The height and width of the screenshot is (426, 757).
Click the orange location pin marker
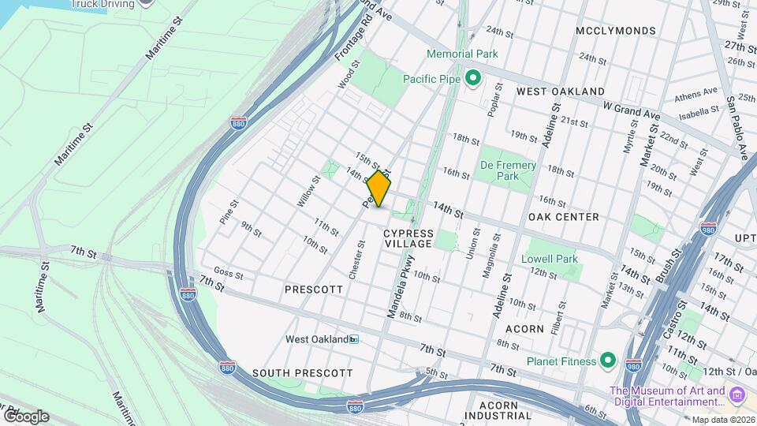[378, 189]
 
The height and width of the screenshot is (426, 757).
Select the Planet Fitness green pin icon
[607, 361]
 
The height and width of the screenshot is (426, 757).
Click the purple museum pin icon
[737, 394]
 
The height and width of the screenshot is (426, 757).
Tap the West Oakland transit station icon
[354, 339]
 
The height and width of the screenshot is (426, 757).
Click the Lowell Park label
[550, 259]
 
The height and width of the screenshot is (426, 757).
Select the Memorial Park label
[462, 54]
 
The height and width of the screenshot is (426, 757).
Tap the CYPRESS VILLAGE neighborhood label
[408, 238]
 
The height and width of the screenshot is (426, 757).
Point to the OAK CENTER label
[564, 217]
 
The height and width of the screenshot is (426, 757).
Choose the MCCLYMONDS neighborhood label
[616, 31]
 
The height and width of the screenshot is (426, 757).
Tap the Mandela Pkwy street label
[399, 290]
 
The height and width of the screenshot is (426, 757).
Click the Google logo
[25, 417]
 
